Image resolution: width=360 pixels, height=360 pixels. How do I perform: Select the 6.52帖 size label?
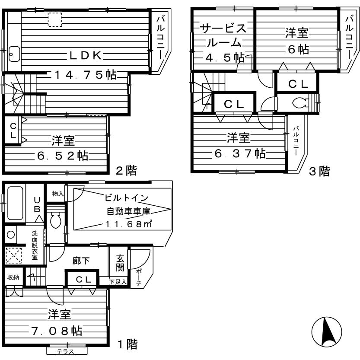[x=63, y=156]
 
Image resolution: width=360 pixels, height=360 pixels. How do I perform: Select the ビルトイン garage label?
[x=127, y=198]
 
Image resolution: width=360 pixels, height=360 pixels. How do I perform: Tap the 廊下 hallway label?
[x=81, y=261]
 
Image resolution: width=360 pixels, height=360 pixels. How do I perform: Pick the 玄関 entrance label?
[x=121, y=262]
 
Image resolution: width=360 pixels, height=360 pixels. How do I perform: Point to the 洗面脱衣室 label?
[x=34, y=245]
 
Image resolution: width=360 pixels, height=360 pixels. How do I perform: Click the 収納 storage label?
[x=13, y=277]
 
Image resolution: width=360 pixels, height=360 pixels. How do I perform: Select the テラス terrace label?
[x=66, y=351]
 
